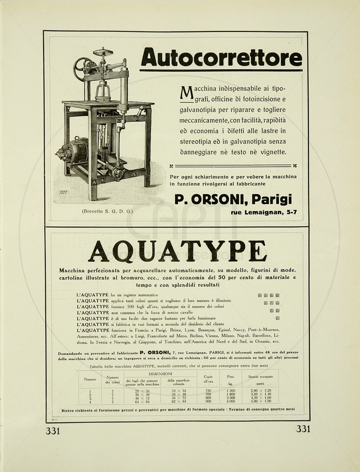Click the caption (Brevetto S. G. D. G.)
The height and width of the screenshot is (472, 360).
(x=107, y=212)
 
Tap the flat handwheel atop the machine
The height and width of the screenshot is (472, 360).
(x=103, y=52)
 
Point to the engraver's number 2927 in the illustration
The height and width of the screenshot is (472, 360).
(x=64, y=193)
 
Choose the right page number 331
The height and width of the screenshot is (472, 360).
(x=303, y=429)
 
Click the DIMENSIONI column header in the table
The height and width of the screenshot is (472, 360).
(x=160, y=373)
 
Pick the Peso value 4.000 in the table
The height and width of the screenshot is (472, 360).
(x=231, y=402)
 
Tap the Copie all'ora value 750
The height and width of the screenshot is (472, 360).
(x=208, y=391)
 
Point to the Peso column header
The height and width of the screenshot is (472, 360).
(x=231, y=376)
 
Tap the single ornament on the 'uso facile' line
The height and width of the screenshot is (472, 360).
(x=277, y=318)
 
